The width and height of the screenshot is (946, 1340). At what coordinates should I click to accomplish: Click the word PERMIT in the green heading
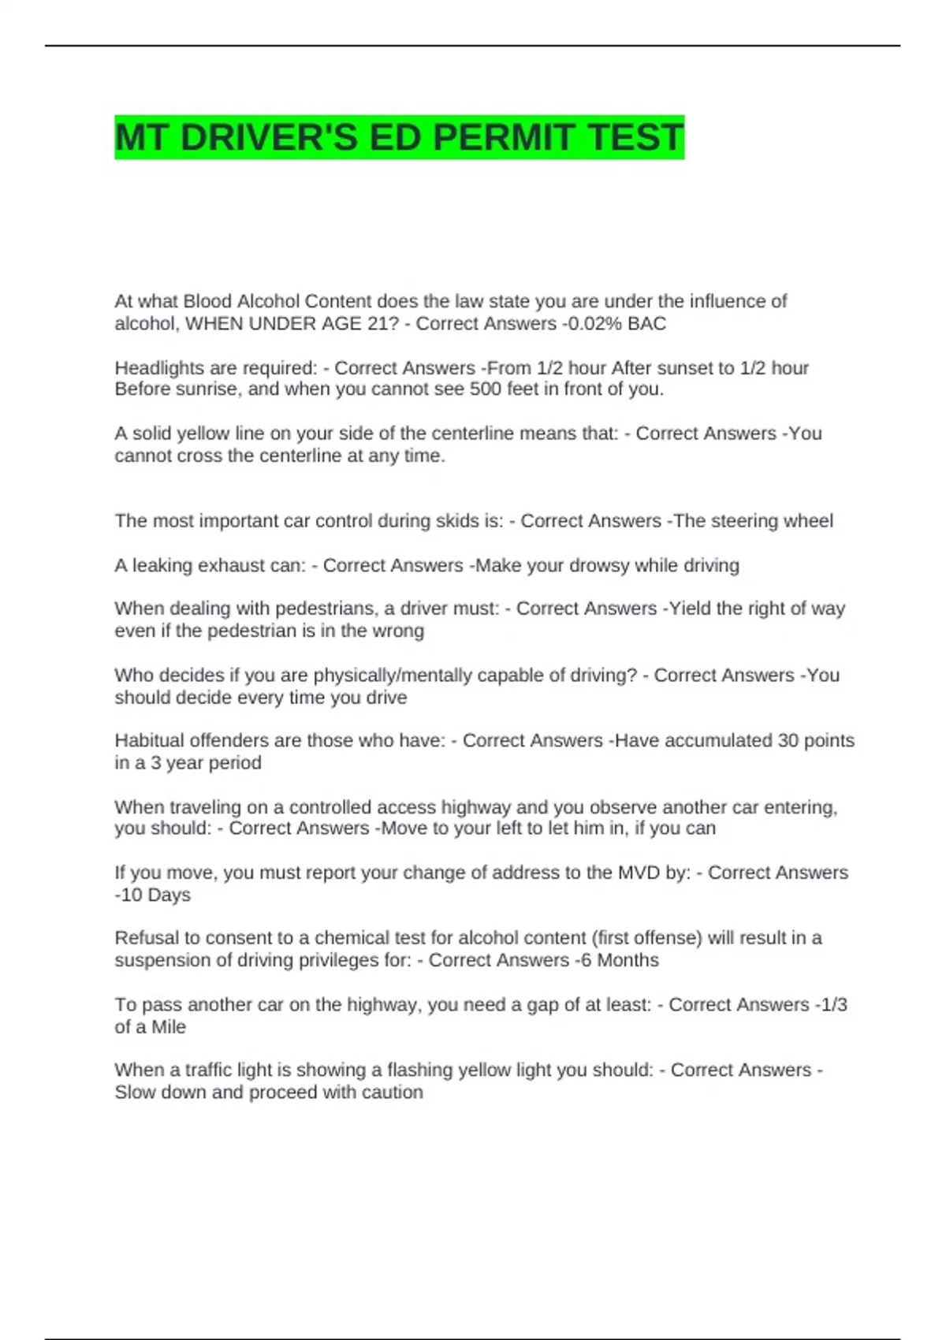tap(502, 138)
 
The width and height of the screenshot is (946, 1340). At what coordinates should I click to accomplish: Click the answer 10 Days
tap(155, 895)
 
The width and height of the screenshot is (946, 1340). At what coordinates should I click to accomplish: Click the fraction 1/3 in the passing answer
tap(833, 1004)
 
